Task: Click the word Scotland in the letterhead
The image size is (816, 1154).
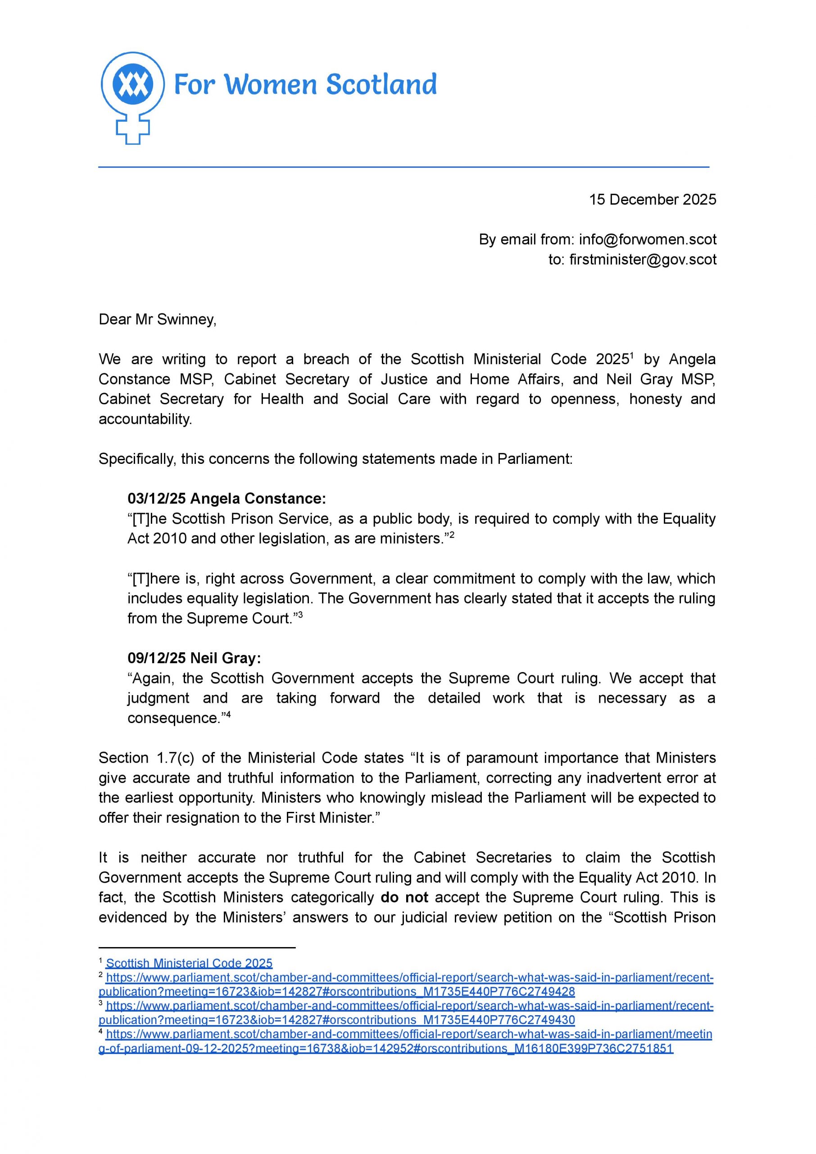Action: [381, 84]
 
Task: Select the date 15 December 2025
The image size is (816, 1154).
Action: [652, 200]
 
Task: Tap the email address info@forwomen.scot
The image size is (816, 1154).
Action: [647, 239]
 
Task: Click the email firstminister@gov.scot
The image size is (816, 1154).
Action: [643, 260]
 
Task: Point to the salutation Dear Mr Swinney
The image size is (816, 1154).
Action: [157, 319]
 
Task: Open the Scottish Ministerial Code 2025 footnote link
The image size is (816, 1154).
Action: [189, 963]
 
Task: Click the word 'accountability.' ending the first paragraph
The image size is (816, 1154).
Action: [145, 419]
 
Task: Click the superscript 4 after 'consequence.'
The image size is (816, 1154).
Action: [228, 714]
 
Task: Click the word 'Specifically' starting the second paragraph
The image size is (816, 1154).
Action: [136, 458]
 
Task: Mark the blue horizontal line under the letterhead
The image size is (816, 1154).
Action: [403, 166]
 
